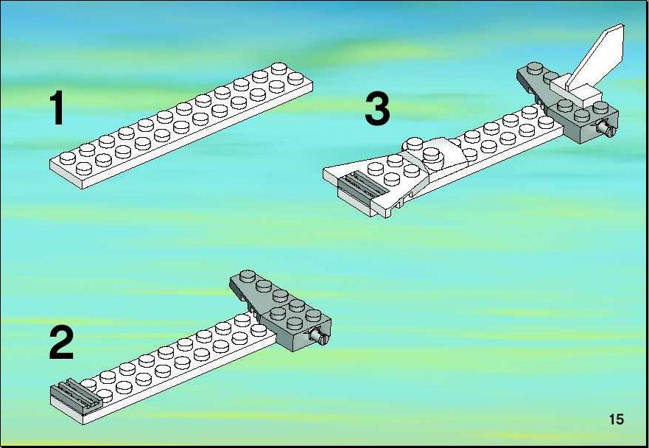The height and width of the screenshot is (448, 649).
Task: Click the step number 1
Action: pos(57,108)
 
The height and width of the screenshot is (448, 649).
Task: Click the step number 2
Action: pos(61,343)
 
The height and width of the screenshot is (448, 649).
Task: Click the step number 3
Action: pos(377,108)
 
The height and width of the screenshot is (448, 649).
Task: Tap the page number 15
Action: pos(617,419)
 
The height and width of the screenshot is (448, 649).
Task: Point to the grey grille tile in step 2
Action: pos(77,393)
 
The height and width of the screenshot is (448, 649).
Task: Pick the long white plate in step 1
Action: pos(181,126)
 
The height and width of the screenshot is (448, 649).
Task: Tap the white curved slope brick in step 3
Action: pos(443,158)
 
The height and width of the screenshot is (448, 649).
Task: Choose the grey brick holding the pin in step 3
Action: pos(588,125)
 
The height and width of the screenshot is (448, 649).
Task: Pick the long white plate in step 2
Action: pos(166,368)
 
